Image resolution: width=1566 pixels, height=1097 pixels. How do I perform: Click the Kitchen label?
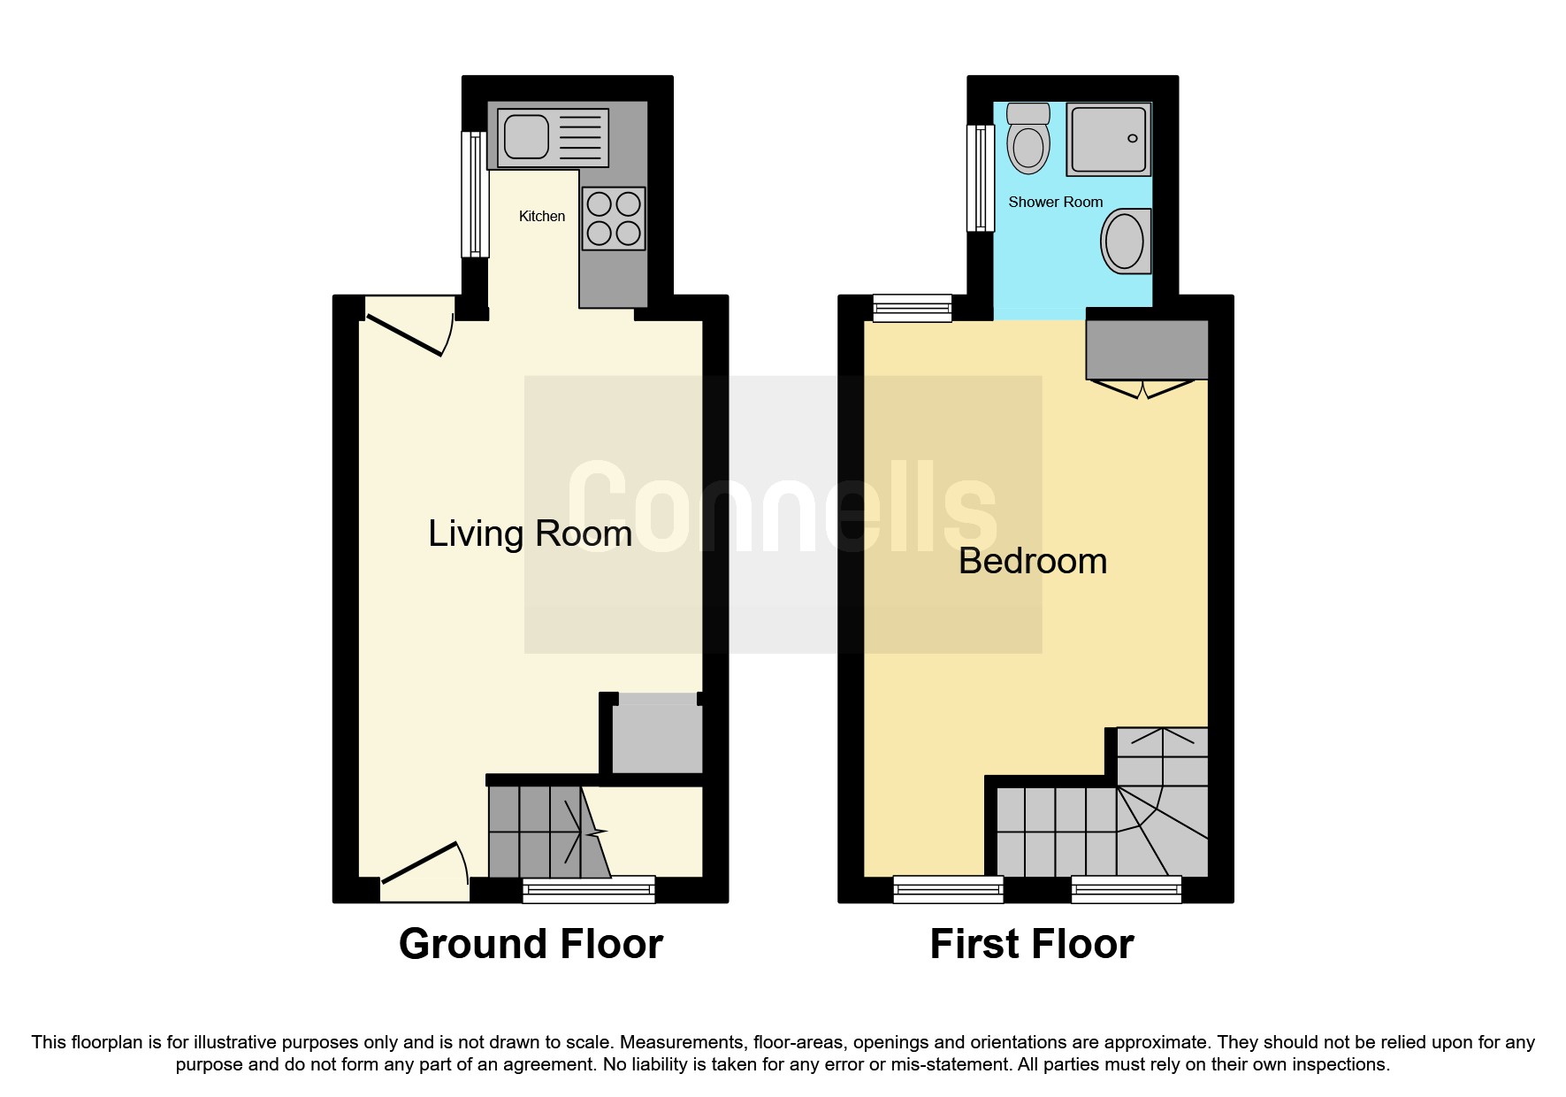tap(541, 216)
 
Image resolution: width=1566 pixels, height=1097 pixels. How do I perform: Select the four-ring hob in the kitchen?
tap(614, 219)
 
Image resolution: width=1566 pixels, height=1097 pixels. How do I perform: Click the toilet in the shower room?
tap(1027, 140)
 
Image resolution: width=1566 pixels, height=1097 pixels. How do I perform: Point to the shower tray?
tap(1109, 138)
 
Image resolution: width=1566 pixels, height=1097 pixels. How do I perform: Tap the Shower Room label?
tap(1055, 202)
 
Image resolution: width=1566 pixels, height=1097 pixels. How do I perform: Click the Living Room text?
tap(530, 533)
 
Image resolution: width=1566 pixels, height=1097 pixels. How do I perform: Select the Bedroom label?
tap(1032, 561)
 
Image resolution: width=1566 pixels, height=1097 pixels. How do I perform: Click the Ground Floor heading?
tap(531, 944)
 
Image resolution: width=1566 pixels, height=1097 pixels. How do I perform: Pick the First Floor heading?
tap(1031, 944)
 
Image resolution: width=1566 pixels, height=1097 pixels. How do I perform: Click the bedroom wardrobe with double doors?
tap(1146, 350)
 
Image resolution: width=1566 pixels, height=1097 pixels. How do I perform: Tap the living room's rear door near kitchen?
tap(409, 326)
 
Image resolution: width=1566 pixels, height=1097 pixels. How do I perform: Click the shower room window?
tap(980, 178)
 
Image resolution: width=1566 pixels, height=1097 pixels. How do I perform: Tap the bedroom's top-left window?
tap(912, 308)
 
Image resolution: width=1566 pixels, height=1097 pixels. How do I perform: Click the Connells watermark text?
tap(782, 510)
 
